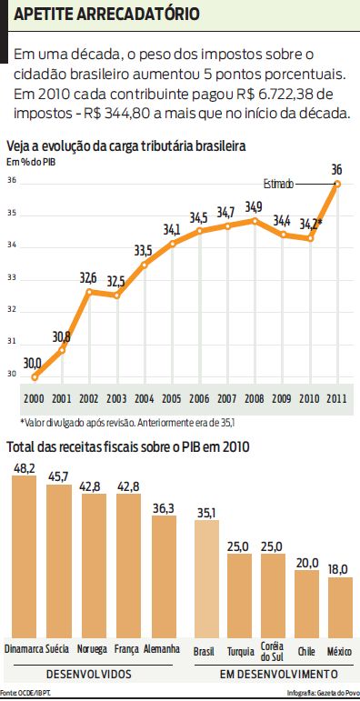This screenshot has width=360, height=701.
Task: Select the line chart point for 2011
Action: tap(337, 183)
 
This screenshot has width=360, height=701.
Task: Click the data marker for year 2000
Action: tap(35, 376)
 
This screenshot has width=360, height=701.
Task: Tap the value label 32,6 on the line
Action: tap(89, 276)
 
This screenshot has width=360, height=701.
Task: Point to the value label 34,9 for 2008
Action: tap(254, 207)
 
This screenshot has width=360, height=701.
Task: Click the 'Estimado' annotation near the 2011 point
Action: tap(280, 184)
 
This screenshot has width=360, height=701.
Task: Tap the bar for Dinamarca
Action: tap(24, 556)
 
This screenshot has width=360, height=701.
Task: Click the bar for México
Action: tap(340, 606)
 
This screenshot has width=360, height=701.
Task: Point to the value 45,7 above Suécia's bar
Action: tap(59, 476)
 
